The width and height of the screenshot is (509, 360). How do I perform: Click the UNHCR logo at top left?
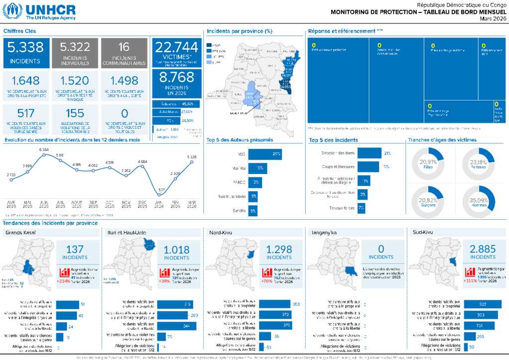click(x=39, y=11)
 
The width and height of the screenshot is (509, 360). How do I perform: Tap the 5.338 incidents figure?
click(x=25, y=47)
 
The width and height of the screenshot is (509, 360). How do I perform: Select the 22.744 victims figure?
click(x=176, y=47)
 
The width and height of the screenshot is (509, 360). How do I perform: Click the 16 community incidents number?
click(x=124, y=47)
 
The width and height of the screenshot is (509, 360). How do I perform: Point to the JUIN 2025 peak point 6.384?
click(x=44, y=155)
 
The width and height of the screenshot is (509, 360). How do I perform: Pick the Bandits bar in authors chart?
click(x=253, y=211)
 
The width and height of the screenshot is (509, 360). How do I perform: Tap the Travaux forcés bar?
click(x=361, y=207)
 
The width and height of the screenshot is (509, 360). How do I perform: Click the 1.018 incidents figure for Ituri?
click(x=176, y=250)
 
